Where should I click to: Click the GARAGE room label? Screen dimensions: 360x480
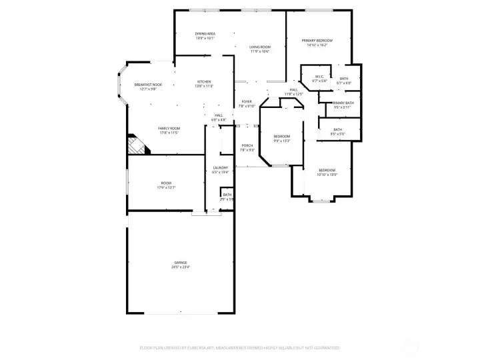181,263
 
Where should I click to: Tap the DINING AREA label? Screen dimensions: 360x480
205,33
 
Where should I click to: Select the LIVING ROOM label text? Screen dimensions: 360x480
260,47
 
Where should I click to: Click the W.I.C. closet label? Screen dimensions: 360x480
319,77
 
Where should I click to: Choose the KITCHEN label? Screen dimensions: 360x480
203,82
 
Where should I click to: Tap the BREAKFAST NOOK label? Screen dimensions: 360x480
148,85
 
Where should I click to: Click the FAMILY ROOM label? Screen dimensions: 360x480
169,128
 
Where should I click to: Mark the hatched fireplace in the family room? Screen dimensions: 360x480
139,145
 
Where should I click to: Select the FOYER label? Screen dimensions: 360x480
247,101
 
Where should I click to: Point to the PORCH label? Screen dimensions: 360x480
247,145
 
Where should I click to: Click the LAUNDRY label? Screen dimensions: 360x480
221,167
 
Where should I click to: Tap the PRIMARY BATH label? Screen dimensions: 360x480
339,103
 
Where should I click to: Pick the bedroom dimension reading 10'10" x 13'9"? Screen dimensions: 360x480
327,175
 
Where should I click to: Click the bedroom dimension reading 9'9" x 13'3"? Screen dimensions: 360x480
282,141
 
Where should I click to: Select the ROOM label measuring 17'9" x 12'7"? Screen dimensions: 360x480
166,187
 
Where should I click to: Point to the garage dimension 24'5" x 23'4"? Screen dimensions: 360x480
181,267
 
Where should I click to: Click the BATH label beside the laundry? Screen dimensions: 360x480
227,195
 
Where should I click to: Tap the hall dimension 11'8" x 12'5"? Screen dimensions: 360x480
293,94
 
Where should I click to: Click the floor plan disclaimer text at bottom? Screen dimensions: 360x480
239,347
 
